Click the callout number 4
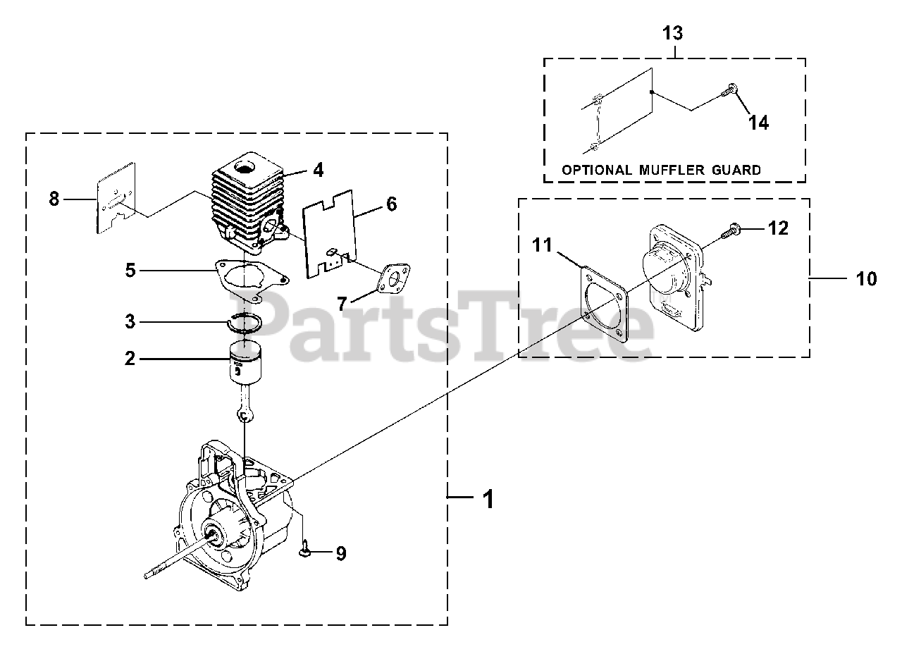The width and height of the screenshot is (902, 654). click(319, 170)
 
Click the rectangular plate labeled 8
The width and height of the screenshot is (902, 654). click(115, 199)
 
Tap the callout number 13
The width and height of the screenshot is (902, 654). click(673, 32)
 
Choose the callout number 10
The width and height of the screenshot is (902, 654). click(867, 279)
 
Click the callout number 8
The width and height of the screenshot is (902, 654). click(54, 199)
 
